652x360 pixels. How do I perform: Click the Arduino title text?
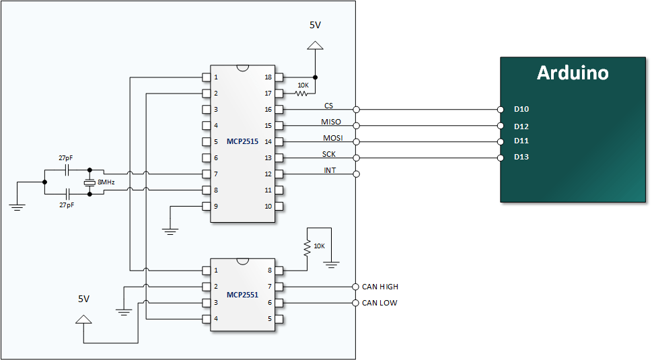(573, 73)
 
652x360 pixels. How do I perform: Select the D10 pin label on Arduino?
(521, 109)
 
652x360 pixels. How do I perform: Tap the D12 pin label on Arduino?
(521, 126)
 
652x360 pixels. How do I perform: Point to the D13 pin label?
(521, 157)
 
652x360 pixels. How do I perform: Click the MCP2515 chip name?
(243, 142)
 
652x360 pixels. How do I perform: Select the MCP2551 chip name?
(243, 294)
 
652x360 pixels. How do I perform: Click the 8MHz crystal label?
(106, 182)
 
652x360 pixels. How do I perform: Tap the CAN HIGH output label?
(379, 287)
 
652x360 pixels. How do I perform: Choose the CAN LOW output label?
(379, 303)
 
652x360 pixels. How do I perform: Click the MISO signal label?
(331, 122)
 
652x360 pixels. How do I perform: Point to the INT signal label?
(330, 170)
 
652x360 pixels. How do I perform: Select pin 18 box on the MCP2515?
(279, 77)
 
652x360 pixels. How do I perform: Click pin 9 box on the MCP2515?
(206, 206)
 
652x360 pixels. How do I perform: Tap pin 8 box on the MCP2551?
(279, 271)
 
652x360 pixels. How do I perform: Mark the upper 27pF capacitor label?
(65, 157)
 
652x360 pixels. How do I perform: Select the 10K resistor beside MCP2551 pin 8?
(307, 247)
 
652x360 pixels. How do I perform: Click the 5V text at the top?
(315, 25)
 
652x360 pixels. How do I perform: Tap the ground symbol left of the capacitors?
(17, 207)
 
